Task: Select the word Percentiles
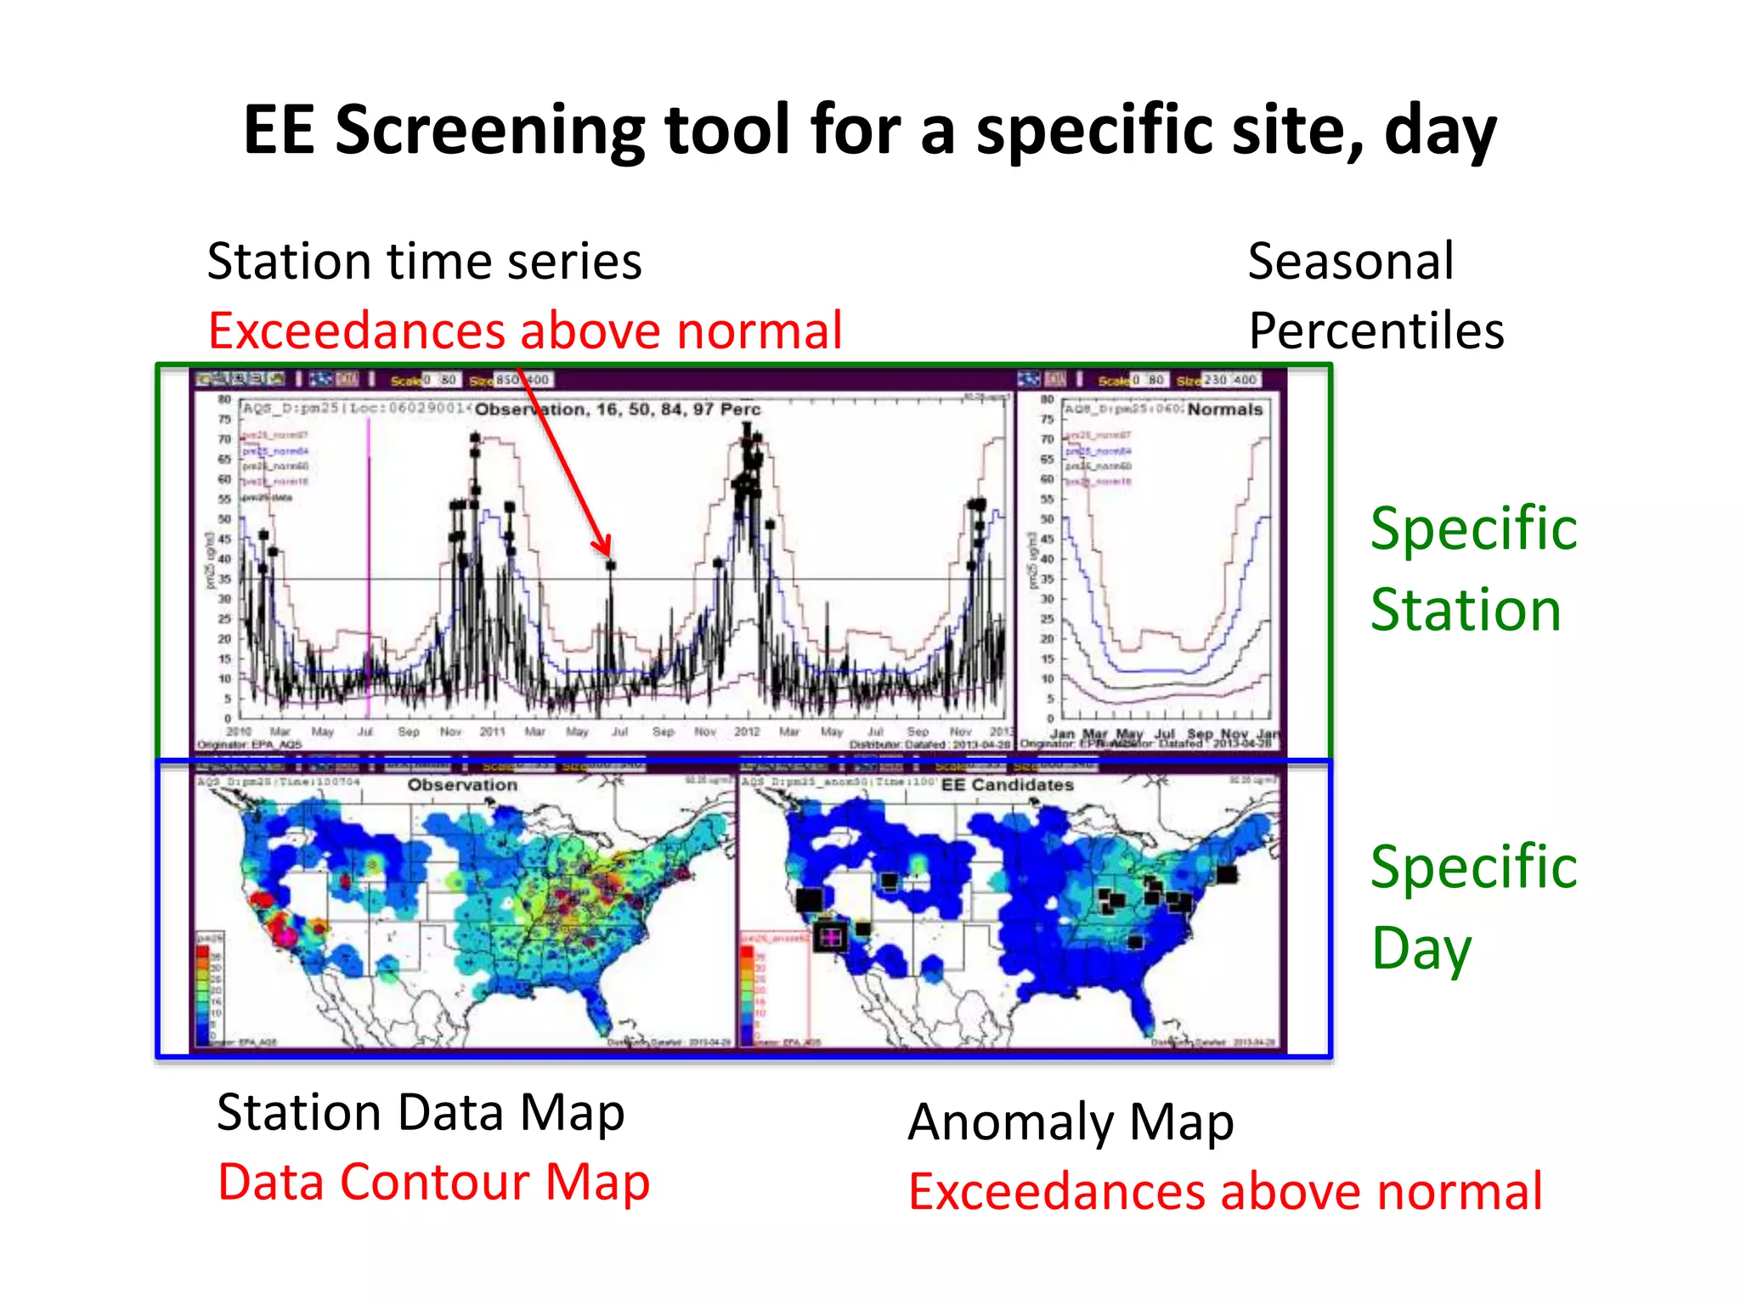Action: (1376, 330)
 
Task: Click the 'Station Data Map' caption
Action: (421, 1112)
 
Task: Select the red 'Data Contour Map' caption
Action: (433, 1182)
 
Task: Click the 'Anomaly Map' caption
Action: (1070, 1122)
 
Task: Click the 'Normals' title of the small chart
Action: (1224, 410)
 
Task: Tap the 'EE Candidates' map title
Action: (1007, 785)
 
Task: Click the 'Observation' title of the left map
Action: (461, 785)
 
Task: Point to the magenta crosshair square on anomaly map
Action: (830, 937)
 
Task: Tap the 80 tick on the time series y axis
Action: (224, 399)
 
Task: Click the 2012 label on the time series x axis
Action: (747, 732)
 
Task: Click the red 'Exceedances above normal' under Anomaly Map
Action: (1224, 1191)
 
